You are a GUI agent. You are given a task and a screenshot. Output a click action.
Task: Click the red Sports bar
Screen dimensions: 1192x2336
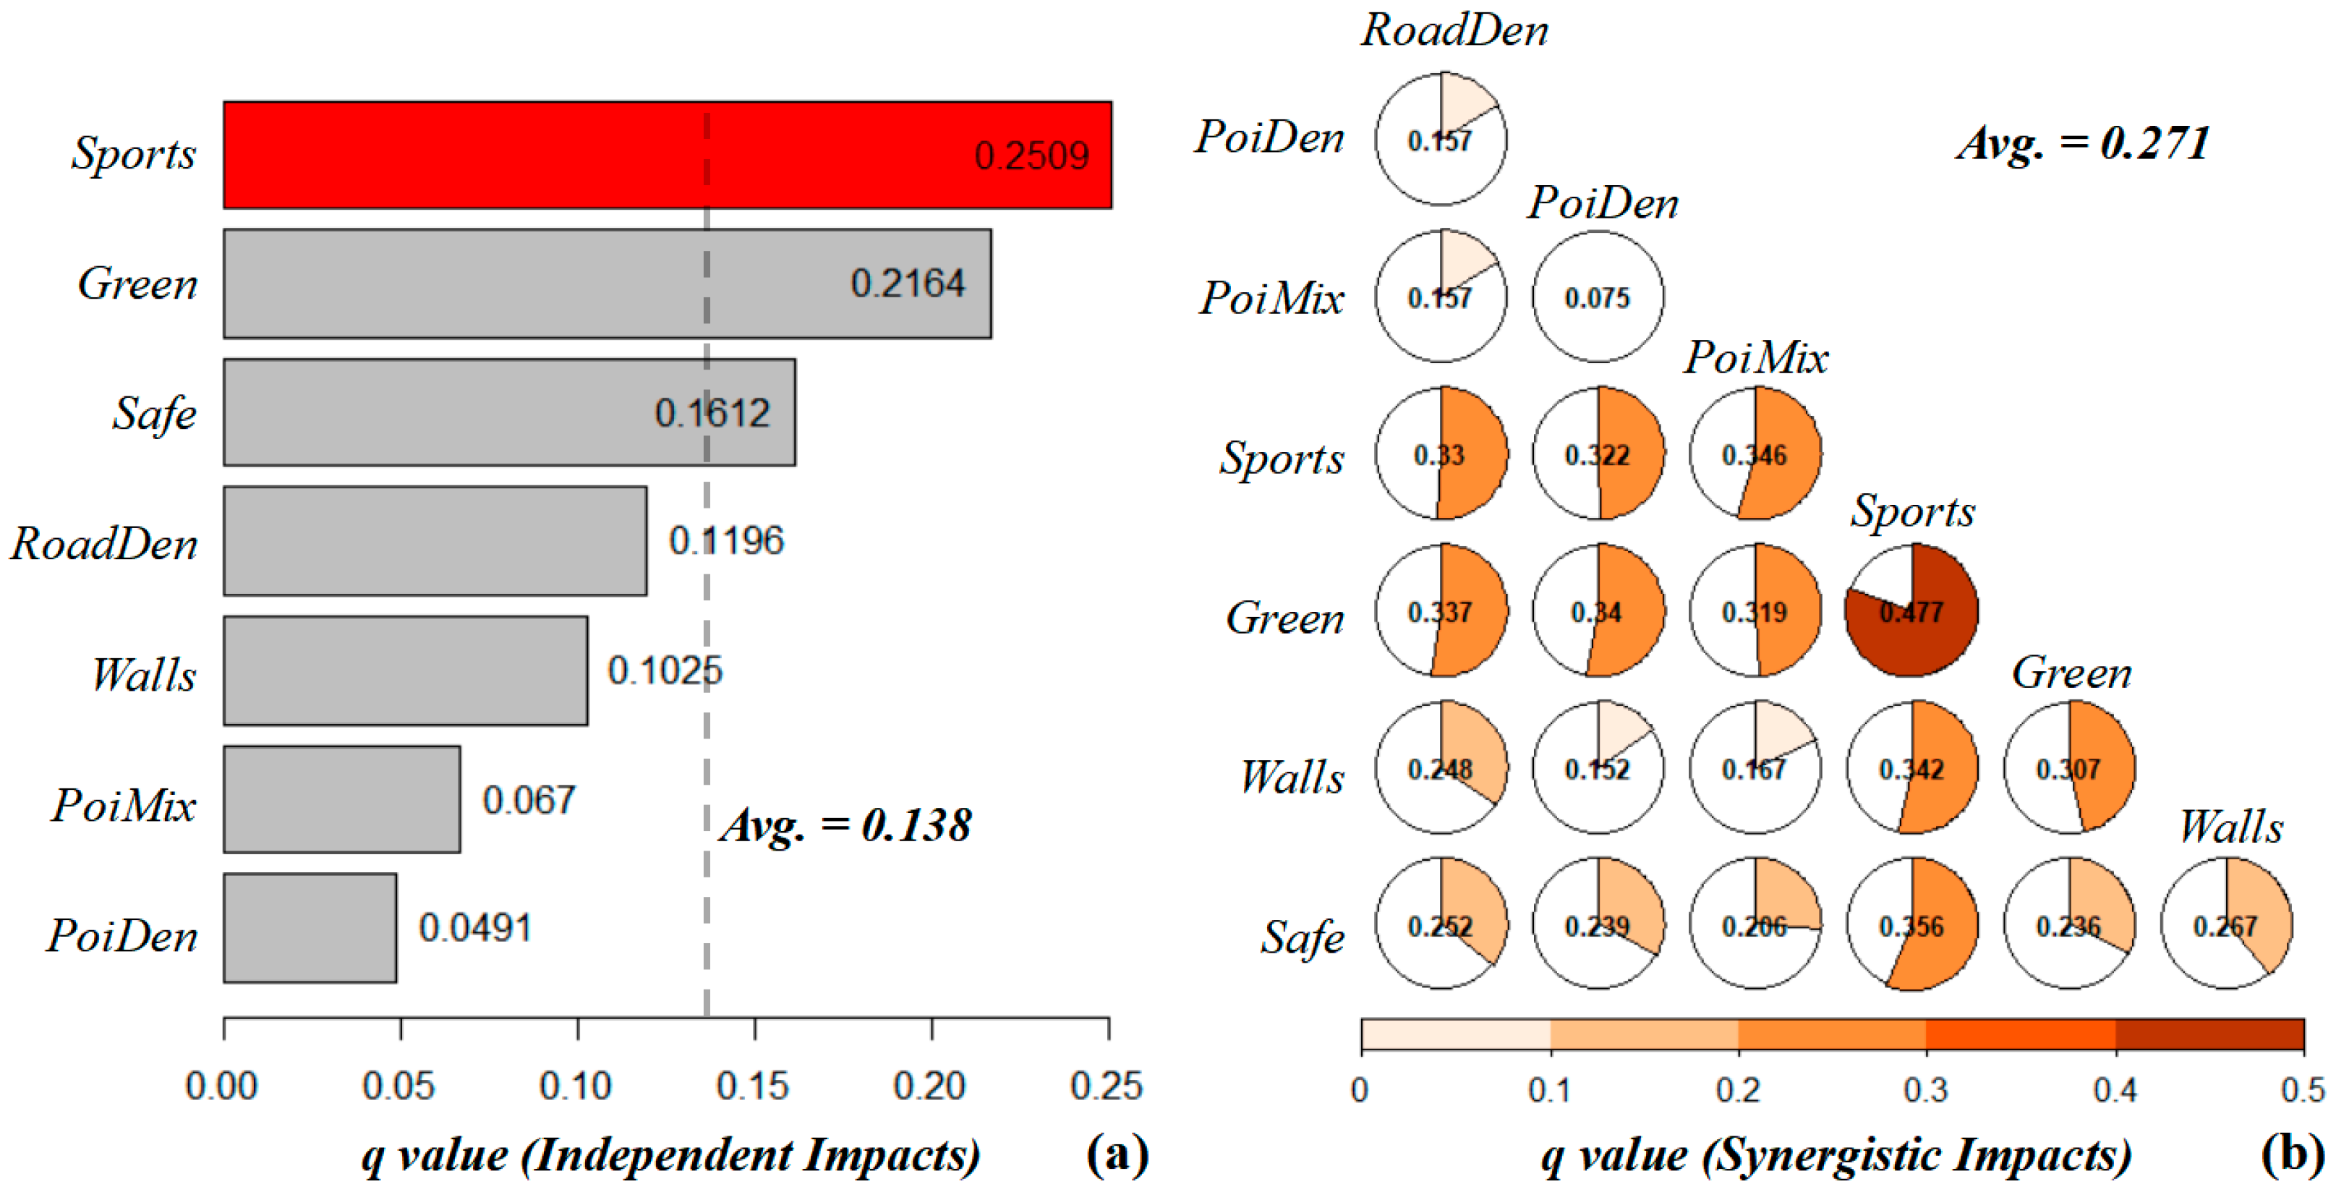(667, 155)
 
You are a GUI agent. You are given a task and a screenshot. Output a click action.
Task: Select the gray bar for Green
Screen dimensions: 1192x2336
(607, 284)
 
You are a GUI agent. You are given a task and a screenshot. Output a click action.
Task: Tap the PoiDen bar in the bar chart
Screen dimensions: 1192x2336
(310, 928)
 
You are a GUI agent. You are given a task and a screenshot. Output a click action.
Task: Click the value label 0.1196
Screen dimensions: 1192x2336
(725, 542)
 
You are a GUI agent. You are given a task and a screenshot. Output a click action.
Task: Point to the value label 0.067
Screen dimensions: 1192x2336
(529, 800)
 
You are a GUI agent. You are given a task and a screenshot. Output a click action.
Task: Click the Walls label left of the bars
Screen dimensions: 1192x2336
(143, 675)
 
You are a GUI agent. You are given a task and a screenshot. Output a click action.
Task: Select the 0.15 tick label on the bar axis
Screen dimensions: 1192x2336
(753, 1086)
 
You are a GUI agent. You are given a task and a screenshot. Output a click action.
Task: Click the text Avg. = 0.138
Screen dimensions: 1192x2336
(845, 825)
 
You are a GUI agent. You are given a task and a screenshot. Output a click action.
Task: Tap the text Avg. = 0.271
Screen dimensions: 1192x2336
(2083, 143)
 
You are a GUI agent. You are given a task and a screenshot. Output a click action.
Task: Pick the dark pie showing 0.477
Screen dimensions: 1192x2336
(1911, 610)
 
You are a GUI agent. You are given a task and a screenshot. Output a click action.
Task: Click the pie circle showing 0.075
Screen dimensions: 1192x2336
(1598, 297)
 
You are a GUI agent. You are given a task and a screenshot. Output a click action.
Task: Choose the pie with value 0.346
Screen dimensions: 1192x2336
(1755, 454)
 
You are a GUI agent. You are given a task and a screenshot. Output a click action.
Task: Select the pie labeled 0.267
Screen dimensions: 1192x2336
(2226, 924)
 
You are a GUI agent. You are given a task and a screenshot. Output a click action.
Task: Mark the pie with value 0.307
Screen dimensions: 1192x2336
(2069, 767)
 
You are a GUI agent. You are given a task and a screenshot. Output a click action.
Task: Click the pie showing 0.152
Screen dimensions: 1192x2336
(1598, 767)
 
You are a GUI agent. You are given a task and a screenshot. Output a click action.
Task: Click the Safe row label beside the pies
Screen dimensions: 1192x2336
(1303, 937)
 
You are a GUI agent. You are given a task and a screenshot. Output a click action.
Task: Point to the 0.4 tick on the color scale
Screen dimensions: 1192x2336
(2115, 1089)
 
